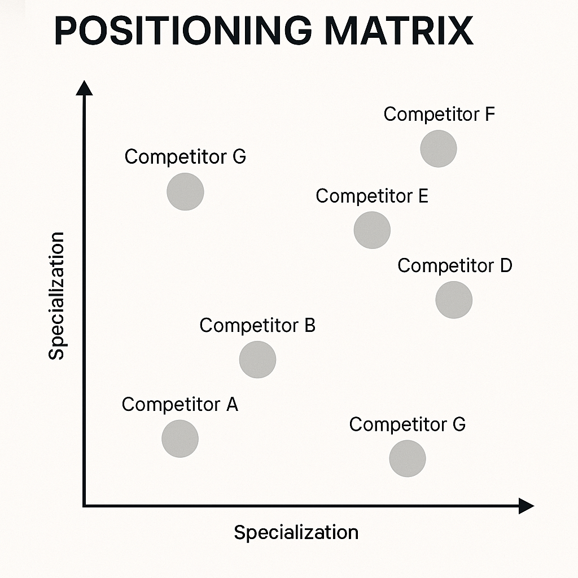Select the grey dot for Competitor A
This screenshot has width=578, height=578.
click(180, 439)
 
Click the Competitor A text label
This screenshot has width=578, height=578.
click(179, 405)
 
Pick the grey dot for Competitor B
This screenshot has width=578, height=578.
click(257, 360)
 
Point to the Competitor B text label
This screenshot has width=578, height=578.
click(257, 326)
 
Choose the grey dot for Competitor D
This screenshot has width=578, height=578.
click(454, 300)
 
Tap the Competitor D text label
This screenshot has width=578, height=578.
click(454, 266)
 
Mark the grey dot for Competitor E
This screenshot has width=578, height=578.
click(372, 230)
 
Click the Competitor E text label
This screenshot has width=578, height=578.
click(372, 196)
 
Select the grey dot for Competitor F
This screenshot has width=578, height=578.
click(439, 148)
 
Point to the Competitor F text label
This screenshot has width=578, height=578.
click(439, 115)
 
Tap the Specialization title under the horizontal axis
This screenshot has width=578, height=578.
click(296, 532)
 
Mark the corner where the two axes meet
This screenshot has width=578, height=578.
click(85, 506)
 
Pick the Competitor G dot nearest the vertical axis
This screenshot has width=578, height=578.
click(185, 191)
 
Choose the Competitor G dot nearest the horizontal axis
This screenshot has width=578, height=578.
click(408, 458)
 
